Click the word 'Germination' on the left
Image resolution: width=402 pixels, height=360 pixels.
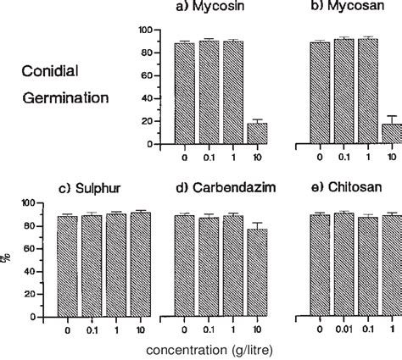(x=66, y=97)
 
